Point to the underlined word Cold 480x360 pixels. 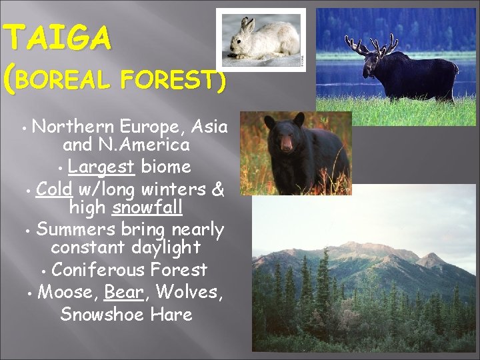click(54, 189)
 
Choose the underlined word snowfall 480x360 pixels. click(147, 208)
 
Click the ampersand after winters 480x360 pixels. click(217, 189)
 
